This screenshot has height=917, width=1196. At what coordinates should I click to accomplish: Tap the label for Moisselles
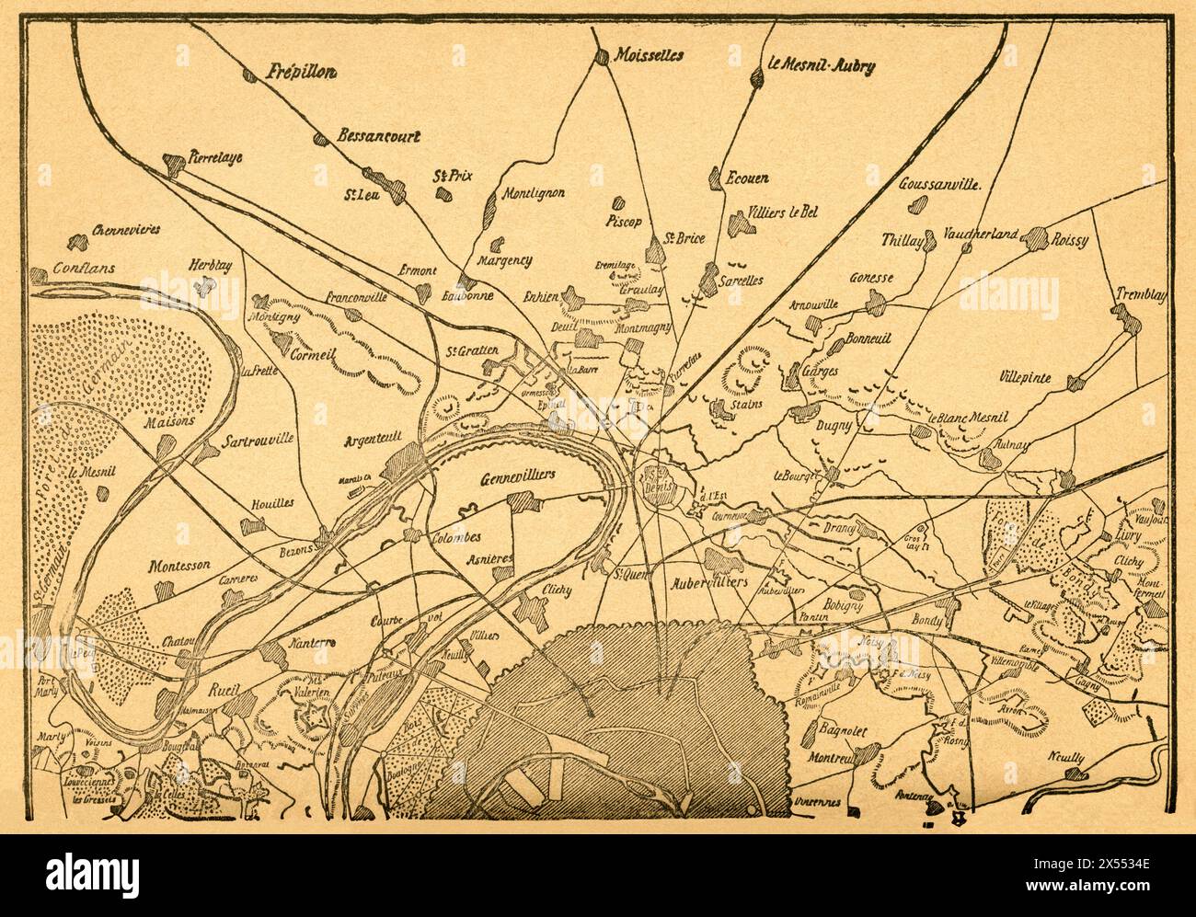click(x=649, y=55)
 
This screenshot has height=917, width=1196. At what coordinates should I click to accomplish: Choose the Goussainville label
click(x=942, y=182)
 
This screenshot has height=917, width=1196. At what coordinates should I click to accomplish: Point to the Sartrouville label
click(x=258, y=441)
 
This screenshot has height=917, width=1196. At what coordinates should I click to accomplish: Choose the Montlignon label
click(x=533, y=194)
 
